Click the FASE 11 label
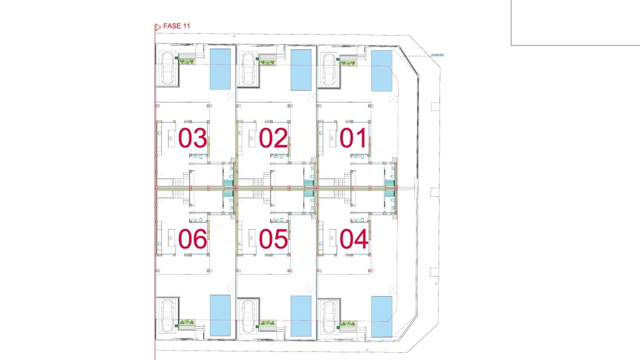pyautogui.click(x=176, y=26)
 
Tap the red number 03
pyautogui.click(x=192, y=138)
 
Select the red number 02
pyautogui.click(x=273, y=138)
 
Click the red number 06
pyautogui.click(x=192, y=239)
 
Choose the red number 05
pyautogui.click(x=273, y=239)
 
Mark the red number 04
pyautogui.click(x=353, y=239)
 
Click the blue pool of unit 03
pyautogui.click(x=220, y=69)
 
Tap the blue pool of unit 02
pyautogui.click(x=301, y=70)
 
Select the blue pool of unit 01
pyautogui.click(x=382, y=71)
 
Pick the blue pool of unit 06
pyautogui.click(x=220, y=315)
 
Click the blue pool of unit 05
pyautogui.click(x=301, y=316)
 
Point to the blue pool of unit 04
pyautogui.click(x=382, y=316)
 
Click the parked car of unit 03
pyautogui.click(x=168, y=68)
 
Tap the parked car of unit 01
pyautogui.click(x=329, y=69)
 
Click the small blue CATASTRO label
pyautogui.click(x=437, y=55)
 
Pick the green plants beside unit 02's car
pyautogui.click(x=267, y=62)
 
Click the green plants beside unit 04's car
pyautogui.click(x=348, y=323)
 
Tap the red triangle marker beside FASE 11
pyautogui.click(x=158, y=27)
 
